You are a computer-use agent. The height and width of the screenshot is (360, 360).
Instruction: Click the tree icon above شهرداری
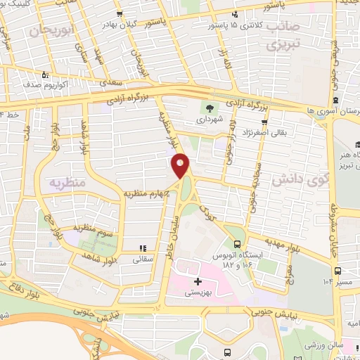point(209,108)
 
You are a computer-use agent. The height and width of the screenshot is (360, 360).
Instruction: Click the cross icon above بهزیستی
point(198,281)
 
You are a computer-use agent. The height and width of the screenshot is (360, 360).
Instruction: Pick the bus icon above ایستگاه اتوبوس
point(236,245)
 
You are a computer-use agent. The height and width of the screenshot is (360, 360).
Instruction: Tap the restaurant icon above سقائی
point(143,248)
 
